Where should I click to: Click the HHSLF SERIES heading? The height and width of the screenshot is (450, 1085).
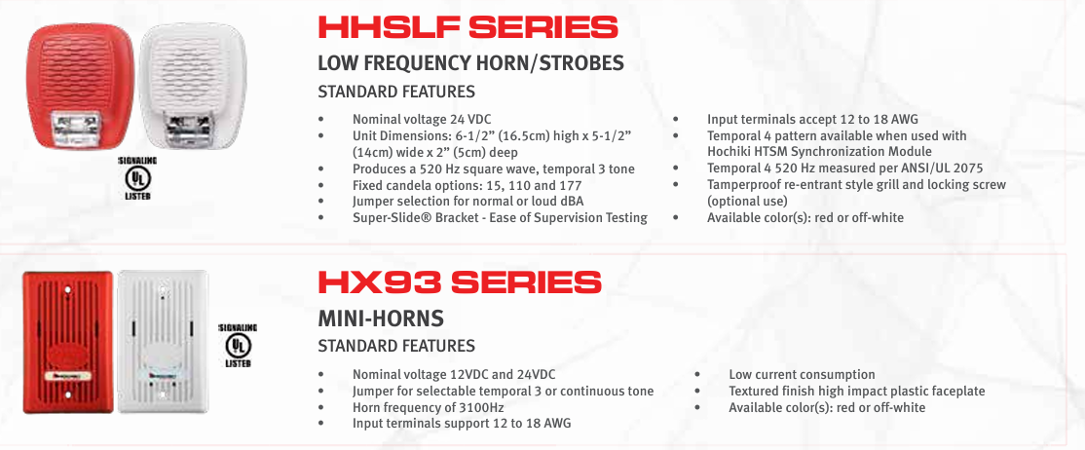point(468,27)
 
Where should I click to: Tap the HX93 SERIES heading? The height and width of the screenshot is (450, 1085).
point(460,282)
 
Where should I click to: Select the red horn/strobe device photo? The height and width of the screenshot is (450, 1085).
point(80,87)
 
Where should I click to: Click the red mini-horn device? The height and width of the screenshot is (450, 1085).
point(68,342)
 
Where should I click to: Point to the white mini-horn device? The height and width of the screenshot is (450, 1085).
point(162,341)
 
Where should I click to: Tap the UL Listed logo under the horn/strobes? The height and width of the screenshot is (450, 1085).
point(136,178)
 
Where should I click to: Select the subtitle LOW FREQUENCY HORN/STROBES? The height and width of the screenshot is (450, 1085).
point(470,63)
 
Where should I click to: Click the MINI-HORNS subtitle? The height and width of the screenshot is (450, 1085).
point(381,319)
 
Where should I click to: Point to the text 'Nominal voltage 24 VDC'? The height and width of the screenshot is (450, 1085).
point(423,119)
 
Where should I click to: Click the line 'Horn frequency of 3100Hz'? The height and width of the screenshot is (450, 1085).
point(427,407)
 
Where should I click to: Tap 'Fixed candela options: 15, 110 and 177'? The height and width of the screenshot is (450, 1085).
point(468,185)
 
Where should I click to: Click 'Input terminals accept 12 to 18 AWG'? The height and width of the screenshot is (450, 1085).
point(812,119)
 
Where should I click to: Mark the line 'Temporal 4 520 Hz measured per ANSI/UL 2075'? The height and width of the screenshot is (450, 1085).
point(844,169)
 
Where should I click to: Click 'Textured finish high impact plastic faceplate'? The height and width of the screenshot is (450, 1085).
point(857,392)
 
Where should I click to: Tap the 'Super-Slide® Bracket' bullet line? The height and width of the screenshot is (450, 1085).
point(500,218)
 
